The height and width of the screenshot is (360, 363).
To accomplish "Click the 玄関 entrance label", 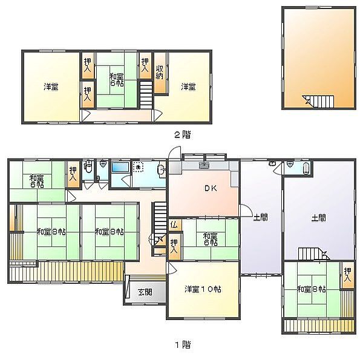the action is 145,292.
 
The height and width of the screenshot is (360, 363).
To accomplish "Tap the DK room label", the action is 211,188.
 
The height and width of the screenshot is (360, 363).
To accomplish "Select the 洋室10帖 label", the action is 203,289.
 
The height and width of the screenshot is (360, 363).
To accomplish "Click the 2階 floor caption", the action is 183,134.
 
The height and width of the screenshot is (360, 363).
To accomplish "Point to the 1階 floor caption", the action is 183,345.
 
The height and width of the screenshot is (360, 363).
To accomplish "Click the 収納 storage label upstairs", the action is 160,72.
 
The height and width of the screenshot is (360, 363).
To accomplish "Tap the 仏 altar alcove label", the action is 174,224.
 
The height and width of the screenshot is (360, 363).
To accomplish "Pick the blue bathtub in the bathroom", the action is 120,167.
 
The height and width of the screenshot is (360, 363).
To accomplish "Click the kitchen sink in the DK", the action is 204,165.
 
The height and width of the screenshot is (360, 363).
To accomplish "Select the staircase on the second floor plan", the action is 146,94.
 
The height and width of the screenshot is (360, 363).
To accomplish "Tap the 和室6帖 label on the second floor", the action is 116,80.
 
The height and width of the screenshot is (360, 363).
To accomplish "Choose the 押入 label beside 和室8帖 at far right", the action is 347,275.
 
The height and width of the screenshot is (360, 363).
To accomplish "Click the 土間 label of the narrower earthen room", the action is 260,218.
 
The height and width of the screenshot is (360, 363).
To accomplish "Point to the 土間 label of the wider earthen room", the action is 319,218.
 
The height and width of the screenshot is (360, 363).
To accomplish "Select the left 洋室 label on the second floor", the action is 51,87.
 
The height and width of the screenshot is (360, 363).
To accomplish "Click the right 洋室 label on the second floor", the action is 188,87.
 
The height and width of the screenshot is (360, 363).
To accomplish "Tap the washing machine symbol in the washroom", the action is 138,167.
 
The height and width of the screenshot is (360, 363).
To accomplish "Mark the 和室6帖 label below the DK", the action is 210,240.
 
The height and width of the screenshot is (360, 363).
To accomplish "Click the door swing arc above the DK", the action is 173,149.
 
